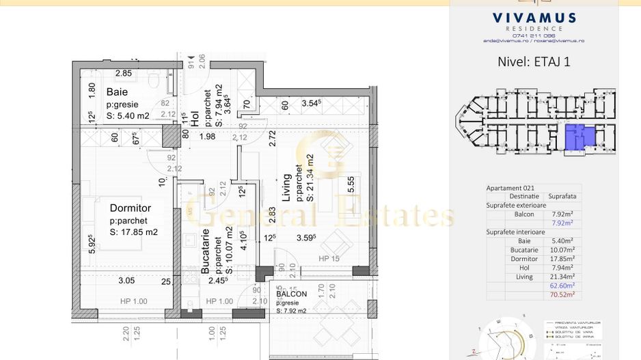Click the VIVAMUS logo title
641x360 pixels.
(x=534, y=18)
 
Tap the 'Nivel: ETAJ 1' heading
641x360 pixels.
(x=534, y=61)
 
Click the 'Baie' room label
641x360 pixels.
(x=116, y=92)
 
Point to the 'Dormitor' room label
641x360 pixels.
(x=130, y=208)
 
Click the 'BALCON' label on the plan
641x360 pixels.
(x=292, y=294)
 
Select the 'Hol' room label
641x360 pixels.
(x=194, y=119)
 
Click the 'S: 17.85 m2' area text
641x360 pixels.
(x=134, y=232)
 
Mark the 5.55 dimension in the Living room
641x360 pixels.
(x=351, y=185)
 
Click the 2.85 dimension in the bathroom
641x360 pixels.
(x=123, y=73)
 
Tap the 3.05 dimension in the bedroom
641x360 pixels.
(x=127, y=280)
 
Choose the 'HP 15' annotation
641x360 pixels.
(x=329, y=259)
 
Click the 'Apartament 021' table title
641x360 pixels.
(x=510, y=188)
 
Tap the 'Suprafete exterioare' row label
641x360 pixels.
(x=517, y=205)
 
